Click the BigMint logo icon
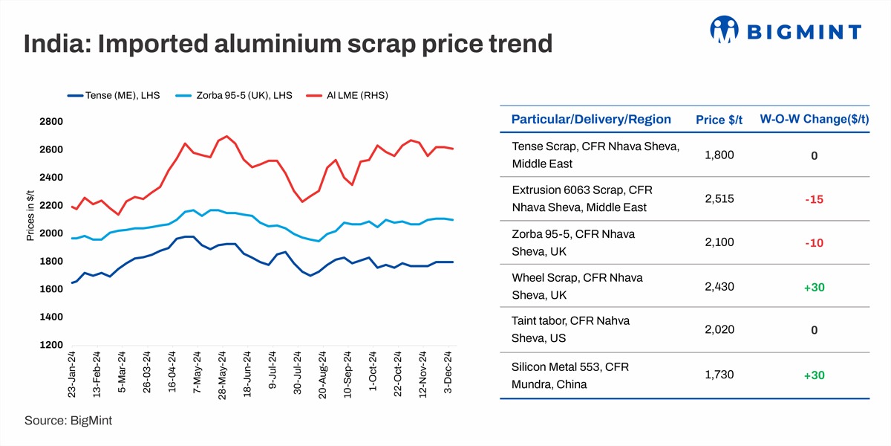pyautogui.click(x=725, y=30)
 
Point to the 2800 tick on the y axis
pyautogui.click(x=51, y=121)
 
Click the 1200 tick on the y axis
pyautogui.click(x=51, y=346)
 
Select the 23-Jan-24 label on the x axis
pyautogui.click(x=72, y=375)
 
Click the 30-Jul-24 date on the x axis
pyautogui.click(x=298, y=375)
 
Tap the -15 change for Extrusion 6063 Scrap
pyautogui.click(x=814, y=200)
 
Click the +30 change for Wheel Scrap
pyautogui.click(x=814, y=288)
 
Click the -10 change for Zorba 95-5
pyautogui.click(x=814, y=244)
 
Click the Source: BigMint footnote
pyautogui.click(x=68, y=421)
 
